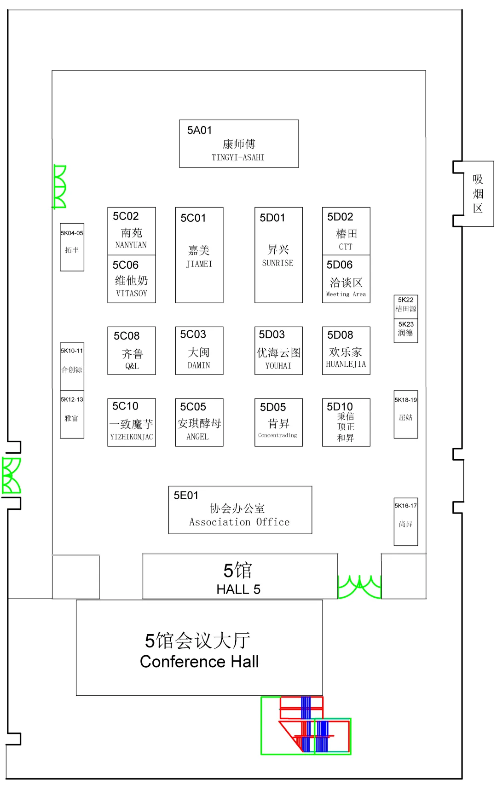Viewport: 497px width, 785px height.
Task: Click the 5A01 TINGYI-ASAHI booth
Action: tap(239, 144)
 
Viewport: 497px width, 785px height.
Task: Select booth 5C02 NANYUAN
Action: tap(132, 231)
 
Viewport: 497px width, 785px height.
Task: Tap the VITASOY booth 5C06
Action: tap(132, 279)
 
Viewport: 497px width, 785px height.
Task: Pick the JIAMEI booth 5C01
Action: tap(199, 255)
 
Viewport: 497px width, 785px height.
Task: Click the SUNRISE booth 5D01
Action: tap(278, 255)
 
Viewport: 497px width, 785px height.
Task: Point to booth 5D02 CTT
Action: tap(346, 231)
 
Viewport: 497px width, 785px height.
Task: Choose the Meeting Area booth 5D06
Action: tap(346, 279)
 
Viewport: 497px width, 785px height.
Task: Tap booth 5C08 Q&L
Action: tap(132, 351)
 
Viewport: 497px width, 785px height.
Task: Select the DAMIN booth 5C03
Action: tap(199, 351)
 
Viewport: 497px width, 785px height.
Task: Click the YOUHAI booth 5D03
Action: tap(278, 351)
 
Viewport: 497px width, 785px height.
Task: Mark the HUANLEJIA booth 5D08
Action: tap(346, 351)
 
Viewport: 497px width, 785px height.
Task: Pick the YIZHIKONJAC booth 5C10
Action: tap(132, 422)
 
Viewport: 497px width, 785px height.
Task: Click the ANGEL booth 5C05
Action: tap(199, 422)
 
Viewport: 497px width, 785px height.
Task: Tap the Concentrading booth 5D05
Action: tap(278, 422)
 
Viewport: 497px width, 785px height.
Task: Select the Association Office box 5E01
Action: tap(240, 510)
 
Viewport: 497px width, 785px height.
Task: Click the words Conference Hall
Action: tap(199, 662)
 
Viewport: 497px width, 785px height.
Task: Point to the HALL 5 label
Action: tap(238, 589)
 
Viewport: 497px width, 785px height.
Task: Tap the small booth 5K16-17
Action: tap(406, 522)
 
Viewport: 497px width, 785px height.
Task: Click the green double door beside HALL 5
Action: tap(359, 587)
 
